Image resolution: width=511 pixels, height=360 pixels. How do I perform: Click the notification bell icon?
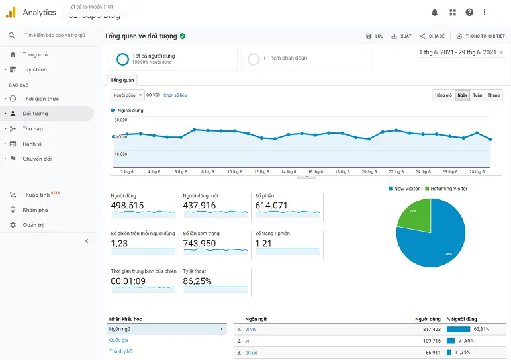[x=435, y=12]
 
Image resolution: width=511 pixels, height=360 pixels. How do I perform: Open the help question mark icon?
[x=469, y=12]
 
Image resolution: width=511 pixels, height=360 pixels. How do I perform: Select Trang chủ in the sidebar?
[x=35, y=54]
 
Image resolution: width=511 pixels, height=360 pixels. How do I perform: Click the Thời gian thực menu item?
[x=40, y=99]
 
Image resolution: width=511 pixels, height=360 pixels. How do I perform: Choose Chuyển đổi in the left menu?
[x=37, y=159]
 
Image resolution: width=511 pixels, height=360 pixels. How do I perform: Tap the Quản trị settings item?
[x=33, y=225]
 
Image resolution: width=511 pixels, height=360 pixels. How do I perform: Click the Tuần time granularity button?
[x=477, y=95]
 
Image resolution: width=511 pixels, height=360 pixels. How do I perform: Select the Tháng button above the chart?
[x=494, y=95]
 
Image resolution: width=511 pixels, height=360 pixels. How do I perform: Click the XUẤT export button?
[x=402, y=36]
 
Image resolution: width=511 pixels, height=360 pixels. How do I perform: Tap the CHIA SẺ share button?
[x=432, y=36]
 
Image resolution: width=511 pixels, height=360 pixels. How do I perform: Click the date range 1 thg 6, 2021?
[x=457, y=52]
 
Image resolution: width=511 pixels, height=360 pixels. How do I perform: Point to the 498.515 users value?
[x=127, y=206]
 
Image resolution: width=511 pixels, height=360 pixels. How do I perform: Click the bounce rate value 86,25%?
[x=197, y=281]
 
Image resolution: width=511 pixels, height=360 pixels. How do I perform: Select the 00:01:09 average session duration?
[x=128, y=281]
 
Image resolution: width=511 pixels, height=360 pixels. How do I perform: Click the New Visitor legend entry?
[x=408, y=189]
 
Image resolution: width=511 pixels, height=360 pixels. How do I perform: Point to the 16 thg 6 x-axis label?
[x=314, y=171]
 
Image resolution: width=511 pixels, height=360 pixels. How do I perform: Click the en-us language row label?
[x=252, y=353]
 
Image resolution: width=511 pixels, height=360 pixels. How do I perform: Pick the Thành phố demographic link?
[x=120, y=351]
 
